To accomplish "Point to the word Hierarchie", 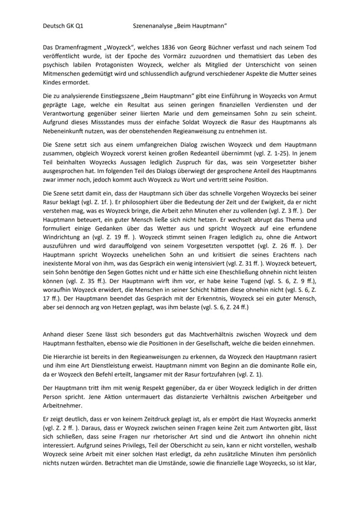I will [x=67, y=356].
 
